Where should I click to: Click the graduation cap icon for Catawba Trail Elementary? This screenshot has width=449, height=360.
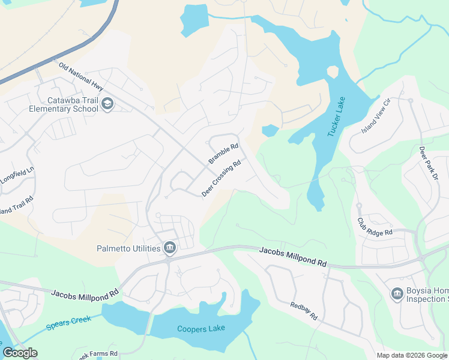click(x=107, y=104)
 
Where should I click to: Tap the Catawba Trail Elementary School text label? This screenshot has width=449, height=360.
click(x=64, y=105)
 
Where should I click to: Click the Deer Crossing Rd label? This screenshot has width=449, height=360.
click(x=221, y=178)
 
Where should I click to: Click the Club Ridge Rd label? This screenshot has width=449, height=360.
click(x=375, y=226)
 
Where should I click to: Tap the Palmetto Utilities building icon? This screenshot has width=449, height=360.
click(x=170, y=248)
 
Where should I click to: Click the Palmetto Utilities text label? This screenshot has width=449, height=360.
click(x=128, y=248)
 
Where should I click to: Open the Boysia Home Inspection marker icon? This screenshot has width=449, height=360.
click(x=396, y=294)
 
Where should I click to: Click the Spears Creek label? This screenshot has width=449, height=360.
click(x=69, y=323)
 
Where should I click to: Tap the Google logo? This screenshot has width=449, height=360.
click(x=20, y=352)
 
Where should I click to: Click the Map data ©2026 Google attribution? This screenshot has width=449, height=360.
click(x=412, y=355)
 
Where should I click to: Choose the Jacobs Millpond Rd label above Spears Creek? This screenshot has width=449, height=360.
click(x=85, y=294)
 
